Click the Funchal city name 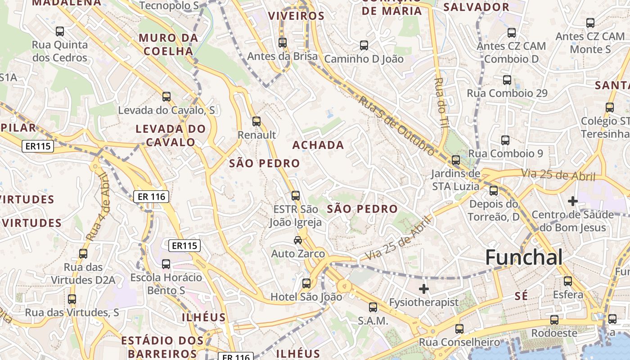click(524, 257)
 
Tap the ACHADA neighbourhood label click(318, 145)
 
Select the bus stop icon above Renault click(256, 121)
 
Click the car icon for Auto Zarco click(298, 240)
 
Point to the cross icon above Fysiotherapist click(424, 288)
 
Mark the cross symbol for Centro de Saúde click(573, 201)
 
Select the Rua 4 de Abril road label click(98, 206)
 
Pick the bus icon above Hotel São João click(306, 283)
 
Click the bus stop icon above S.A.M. click(373, 307)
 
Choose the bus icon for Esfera click(568, 281)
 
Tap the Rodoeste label click(554, 333)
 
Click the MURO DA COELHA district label click(168, 44)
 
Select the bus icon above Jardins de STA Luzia click(456, 160)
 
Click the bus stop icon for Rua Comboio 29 click(507, 80)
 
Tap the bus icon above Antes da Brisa click(283, 43)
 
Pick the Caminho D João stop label click(364, 59)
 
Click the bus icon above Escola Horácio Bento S click(166, 264)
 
